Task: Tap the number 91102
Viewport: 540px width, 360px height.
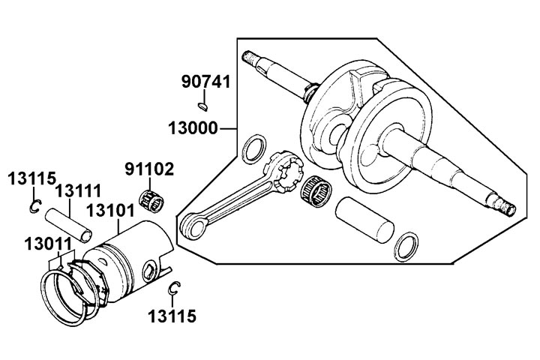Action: pyautogui.click(x=149, y=169)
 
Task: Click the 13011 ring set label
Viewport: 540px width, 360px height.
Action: pyautogui.click(x=46, y=244)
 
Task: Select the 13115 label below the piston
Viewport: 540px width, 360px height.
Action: pyautogui.click(x=172, y=317)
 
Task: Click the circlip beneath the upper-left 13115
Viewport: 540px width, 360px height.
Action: pyautogui.click(x=34, y=208)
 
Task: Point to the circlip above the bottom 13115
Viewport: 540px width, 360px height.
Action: pyautogui.click(x=174, y=288)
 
